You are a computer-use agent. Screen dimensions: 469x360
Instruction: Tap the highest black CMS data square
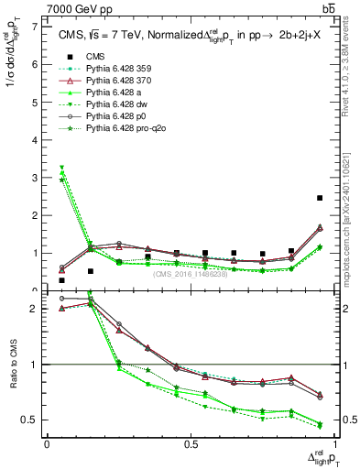pos(319,198)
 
